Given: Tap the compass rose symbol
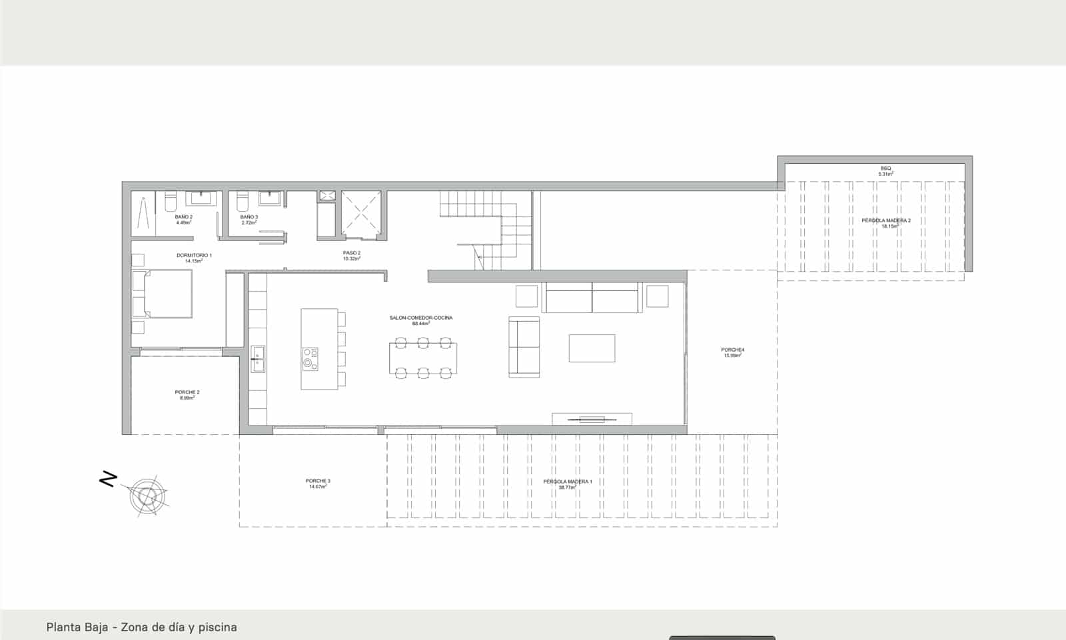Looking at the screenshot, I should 147,496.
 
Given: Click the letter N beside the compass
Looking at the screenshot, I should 107,479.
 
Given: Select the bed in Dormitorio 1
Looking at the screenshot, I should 163,294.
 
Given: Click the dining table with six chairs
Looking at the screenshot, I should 423,358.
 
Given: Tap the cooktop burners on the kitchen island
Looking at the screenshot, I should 310,358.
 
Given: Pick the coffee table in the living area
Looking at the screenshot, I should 592,348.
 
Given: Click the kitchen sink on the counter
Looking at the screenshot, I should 257,359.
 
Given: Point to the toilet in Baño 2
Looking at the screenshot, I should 170,201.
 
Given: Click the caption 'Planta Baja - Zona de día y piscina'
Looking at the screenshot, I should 142,627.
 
